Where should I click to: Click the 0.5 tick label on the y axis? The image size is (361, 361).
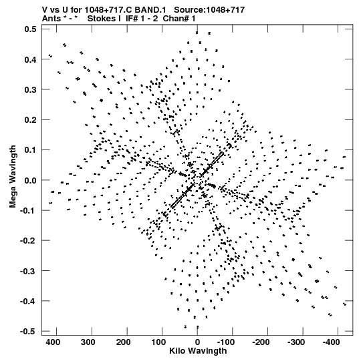coord(30,29)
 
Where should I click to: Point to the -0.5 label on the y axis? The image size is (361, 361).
coord(28,332)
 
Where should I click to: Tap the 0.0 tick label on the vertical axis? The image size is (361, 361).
coord(30,180)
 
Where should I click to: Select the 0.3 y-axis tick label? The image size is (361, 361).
coord(30,89)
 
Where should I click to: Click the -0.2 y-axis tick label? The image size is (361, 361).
coord(28,241)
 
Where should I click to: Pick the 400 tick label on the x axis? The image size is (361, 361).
coord(53,342)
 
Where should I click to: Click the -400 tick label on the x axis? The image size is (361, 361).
coord(331,342)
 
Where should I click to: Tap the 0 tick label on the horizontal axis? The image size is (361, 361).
coord(197,342)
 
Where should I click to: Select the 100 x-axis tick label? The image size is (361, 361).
coord(158,342)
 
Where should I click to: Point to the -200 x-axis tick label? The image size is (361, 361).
coord(261,342)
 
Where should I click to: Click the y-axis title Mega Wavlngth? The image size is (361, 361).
coord(13,177)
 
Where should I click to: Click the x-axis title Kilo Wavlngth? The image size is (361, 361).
coord(198,351)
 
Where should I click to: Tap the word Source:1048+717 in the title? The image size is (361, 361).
coord(209,10)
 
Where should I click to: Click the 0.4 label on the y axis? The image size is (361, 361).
coord(30,59)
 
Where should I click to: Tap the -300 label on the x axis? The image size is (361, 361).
coord(296,342)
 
